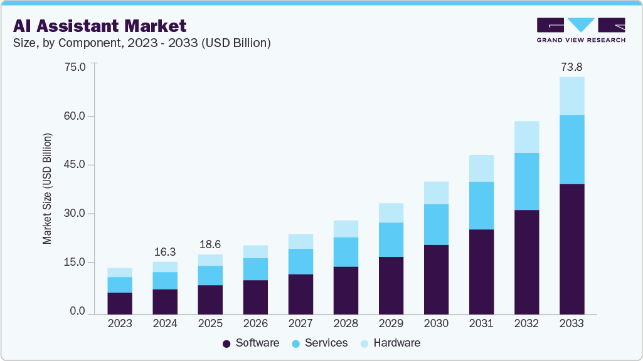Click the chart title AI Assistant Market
pyautogui.click(x=100, y=26)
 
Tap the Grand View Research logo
pyautogui.click(x=581, y=29)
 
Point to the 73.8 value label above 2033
pyautogui.click(x=571, y=66)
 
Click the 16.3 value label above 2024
pyautogui.click(x=165, y=251)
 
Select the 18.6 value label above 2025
pyautogui.click(x=210, y=244)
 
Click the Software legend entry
pyautogui.click(x=251, y=343)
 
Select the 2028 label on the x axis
pyautogui.click(x=346, y=324)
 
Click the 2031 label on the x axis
pyautogui.click(x=481, y=324)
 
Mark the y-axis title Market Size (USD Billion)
pyautogui.click(x=47, y=189)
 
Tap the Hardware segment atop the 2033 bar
pyautogui.click(x=571, y=96)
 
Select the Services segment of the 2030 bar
pyautogui.click(x=436, y=224)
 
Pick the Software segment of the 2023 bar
pyautogui.click(x=120, y=303)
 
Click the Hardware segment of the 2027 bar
pyautogui.click(x=300, y=241)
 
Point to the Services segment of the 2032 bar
pyautogui.click(x=526, y=181)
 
